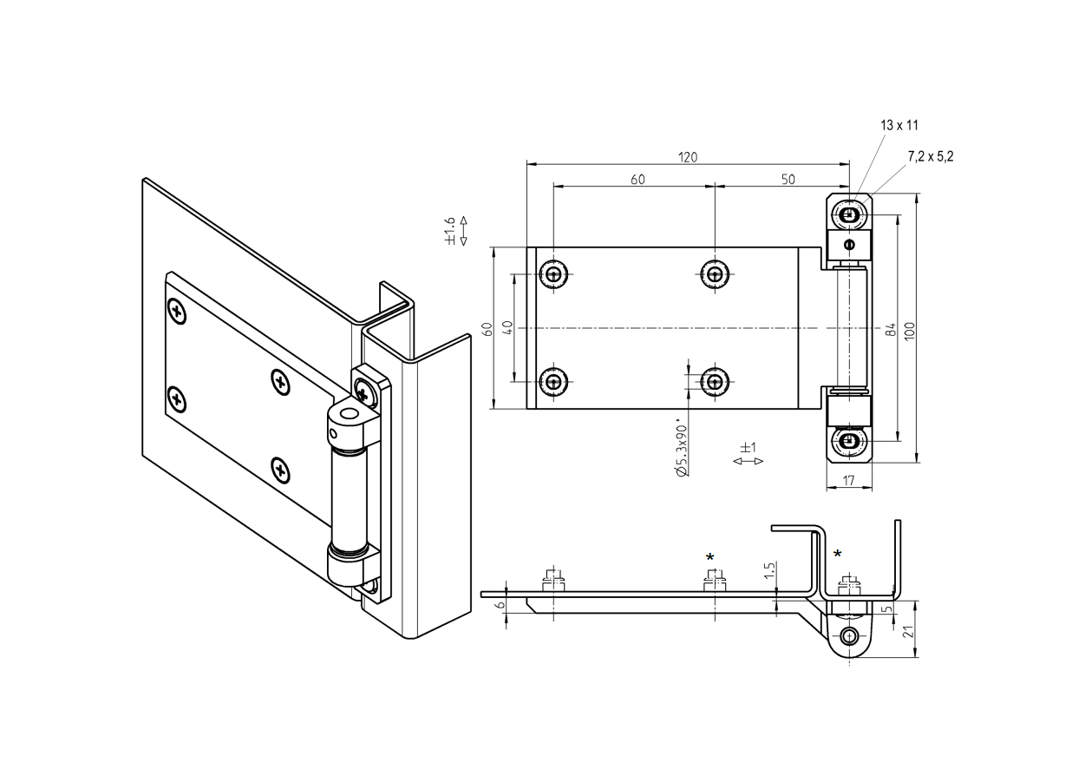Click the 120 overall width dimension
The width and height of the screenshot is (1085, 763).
coord(688,157)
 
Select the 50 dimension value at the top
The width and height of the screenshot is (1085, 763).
coord(788,180)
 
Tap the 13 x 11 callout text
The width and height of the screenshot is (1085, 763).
coord(899,126)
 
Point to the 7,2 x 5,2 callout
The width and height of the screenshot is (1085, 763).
coord(930,156)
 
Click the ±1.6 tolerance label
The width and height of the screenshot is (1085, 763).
coord(449,231)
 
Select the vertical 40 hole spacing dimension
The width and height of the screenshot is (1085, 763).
coord(507,328)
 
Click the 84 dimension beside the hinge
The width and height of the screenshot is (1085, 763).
coord(890,330)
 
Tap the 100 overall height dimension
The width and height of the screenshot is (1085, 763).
coord(909,330)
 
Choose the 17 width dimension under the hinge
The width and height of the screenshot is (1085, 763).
coord(847,480)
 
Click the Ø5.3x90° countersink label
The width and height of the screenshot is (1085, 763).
coord(682,450)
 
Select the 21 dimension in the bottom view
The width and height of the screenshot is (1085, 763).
coord(908,630)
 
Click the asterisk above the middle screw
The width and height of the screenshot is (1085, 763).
coord(710,557)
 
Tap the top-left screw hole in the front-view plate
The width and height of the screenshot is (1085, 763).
coord(553,275)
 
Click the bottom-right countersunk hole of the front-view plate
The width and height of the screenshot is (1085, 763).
coord(714,380)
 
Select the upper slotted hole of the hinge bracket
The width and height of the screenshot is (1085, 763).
coord(849,214)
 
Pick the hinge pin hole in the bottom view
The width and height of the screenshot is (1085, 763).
coord(849,636)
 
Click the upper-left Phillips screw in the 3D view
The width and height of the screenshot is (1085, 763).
coord(177,311)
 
